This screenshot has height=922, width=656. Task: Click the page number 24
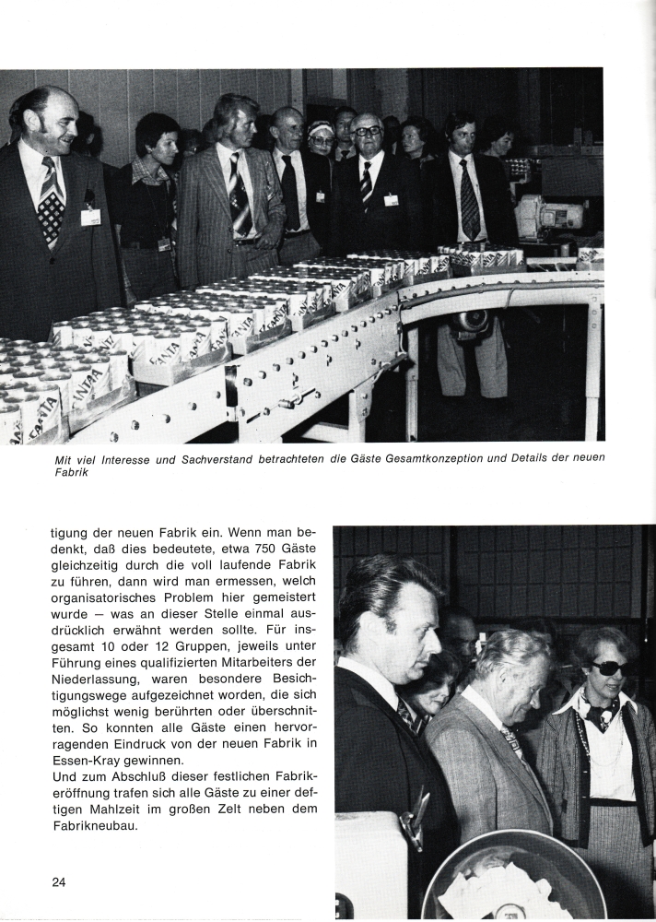[x=59, y=881]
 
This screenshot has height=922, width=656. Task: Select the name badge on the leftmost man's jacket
[x=90, y=217]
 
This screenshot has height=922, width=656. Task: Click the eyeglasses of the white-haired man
[x=369, y=132]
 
